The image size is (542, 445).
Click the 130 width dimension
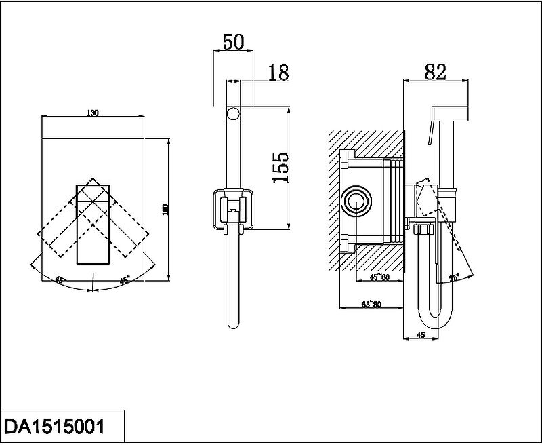coord(93,113)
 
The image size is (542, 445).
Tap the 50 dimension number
coord(233,41)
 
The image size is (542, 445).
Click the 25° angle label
coord(454,277)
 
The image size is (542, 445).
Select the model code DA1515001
coord(55,425)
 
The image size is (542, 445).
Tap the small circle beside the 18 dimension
coord(233,113)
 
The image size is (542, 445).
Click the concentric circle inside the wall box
coord(356,202)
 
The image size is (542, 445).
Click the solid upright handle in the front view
coord(91,224)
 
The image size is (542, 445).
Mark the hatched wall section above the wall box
coord(366,142)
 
